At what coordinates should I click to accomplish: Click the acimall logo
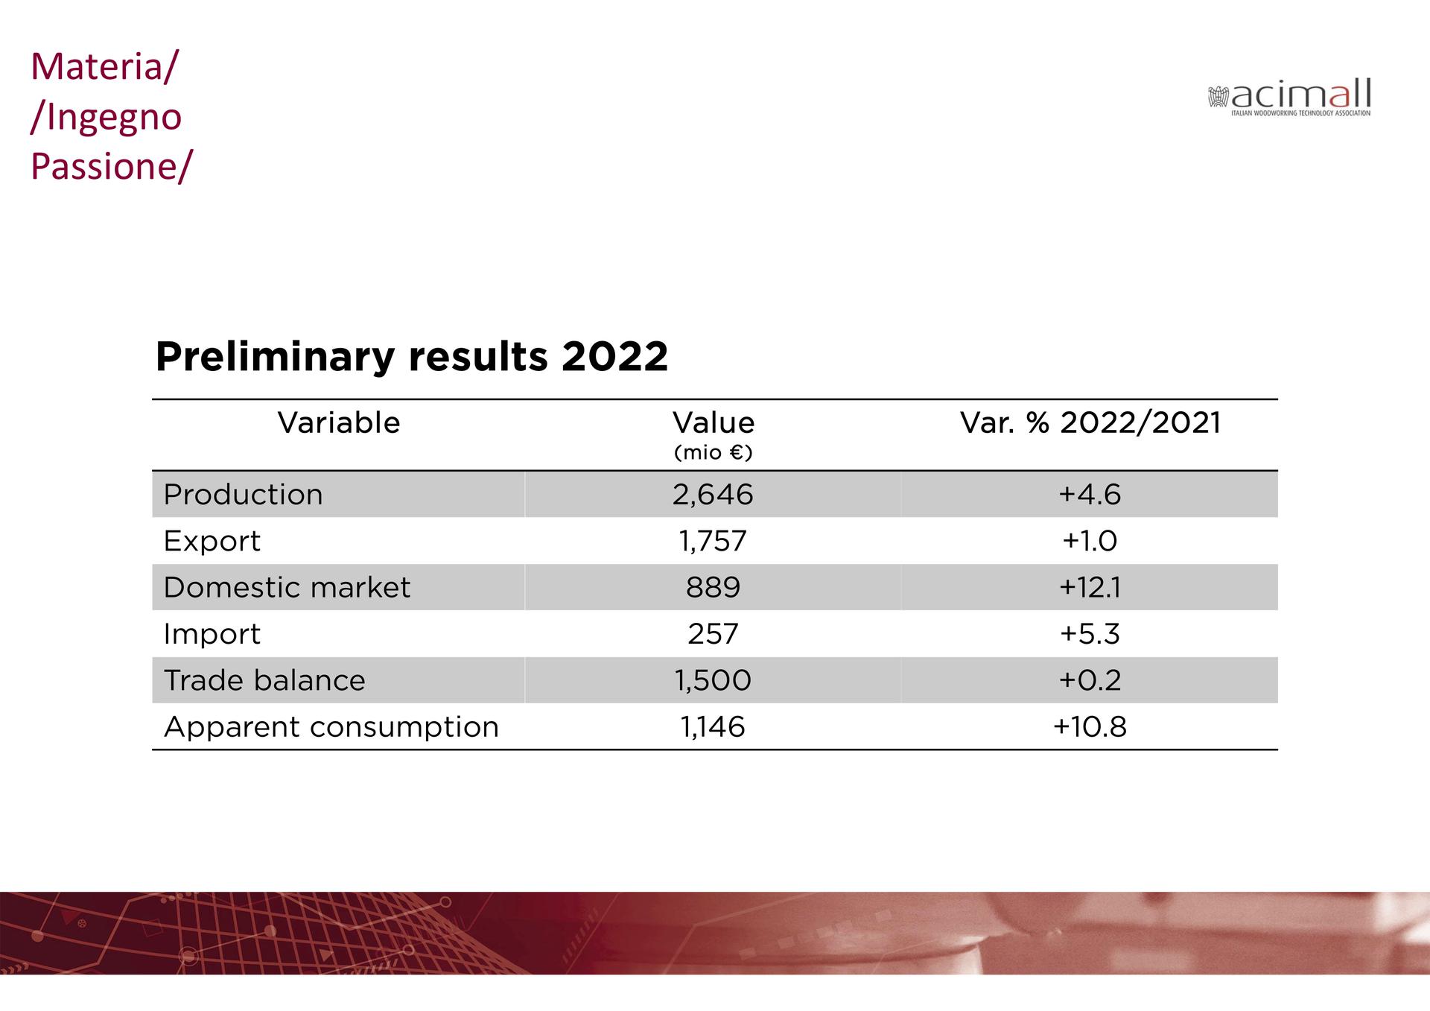pyautogui.click(x=1289, y=98)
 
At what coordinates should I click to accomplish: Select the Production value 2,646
pyautogui.click(x=713, y=495)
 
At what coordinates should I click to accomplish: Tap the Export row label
pyautogui.click(x=212, y=541)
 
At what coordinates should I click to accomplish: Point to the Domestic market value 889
pyautogui.click(x=713, y=588)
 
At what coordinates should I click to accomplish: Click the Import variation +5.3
pyautogui.click(x=1090, y=634)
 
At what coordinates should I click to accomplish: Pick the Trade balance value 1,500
pyautogui.click(x=713, y=680)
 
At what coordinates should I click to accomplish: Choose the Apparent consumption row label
pyautogui.click(x=331, y=727)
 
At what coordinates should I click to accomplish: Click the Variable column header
pyautogui.click(x=339, y=423)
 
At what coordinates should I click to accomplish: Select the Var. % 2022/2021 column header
pyautogui.click(x=1090, y=423)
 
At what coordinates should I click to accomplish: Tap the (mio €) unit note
pyautogui.click(x=713, y=453)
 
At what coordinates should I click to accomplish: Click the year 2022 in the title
pyautogui.click(x=614, y=357)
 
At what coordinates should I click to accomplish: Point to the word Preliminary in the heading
pyautogui.click(x=275, y=358)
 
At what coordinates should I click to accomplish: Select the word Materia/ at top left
pyautogui.click(x=104, y=66)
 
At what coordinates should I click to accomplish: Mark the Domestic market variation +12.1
pyautogui.click(x=1090, y=588)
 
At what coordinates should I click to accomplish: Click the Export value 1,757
pyautogui.click(x=713, y=541)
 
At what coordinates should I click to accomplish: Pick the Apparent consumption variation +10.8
pyautogui.click(x=1090, y=727)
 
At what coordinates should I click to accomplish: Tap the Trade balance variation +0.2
pyautogui.click(x=1090, y=680)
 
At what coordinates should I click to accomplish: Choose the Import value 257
pyautogui.click(x=713, y=634)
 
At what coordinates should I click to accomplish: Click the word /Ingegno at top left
pyautogui.click(x=106, y=117)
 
